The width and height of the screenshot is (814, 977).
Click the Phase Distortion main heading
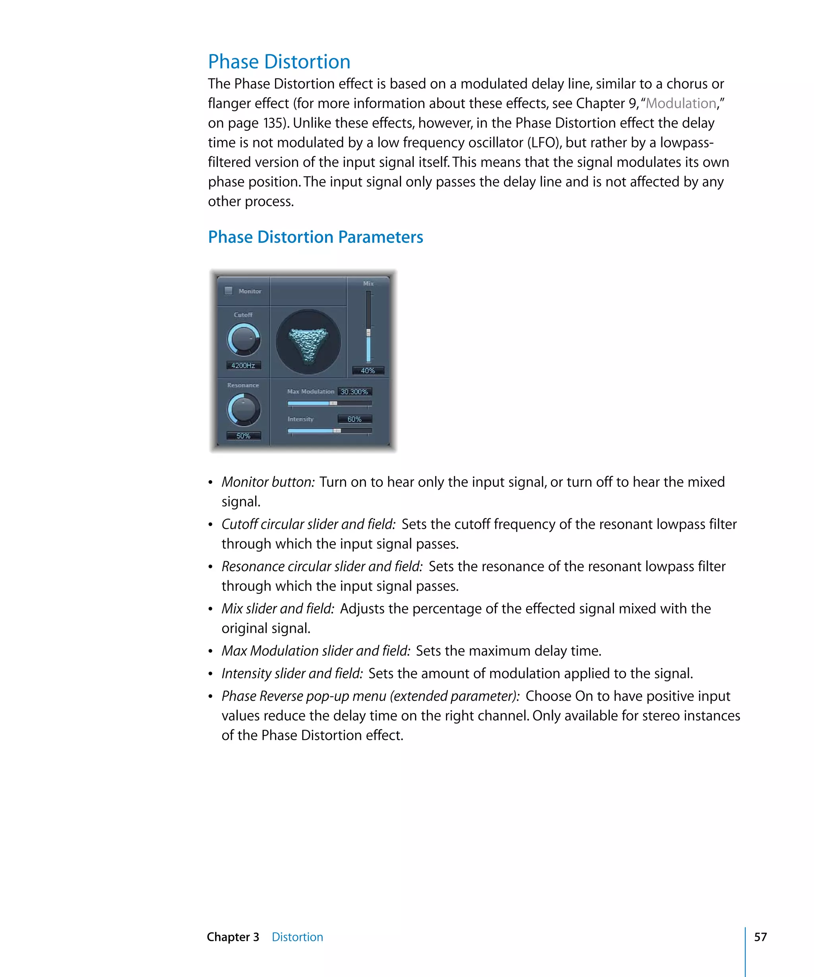[279, 62]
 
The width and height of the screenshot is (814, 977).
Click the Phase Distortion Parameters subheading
[315, 237]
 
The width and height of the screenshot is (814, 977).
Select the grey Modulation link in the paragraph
[680, 103]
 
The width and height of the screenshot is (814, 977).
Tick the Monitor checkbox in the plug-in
[229, 291]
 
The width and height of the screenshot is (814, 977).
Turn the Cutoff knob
[243, 339]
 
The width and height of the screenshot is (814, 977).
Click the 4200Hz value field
[243, 366]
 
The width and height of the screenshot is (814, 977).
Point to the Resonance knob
[243, 409]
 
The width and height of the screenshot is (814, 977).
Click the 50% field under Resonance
[243, 436]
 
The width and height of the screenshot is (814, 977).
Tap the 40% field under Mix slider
[368, 371]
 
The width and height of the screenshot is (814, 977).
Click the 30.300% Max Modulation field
[355, 392]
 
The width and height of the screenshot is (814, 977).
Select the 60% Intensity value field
[355, 419]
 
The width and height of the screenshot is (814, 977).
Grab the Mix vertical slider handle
[368, 333]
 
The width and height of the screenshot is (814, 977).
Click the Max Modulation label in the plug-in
[310, 392]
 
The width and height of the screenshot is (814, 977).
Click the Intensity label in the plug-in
[300, 419]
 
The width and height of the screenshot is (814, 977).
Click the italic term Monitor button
[268, 482]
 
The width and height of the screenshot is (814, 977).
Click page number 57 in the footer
[760, 936]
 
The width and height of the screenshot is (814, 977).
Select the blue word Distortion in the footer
[297, 937]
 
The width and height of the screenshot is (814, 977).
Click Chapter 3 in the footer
[233, 937]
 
